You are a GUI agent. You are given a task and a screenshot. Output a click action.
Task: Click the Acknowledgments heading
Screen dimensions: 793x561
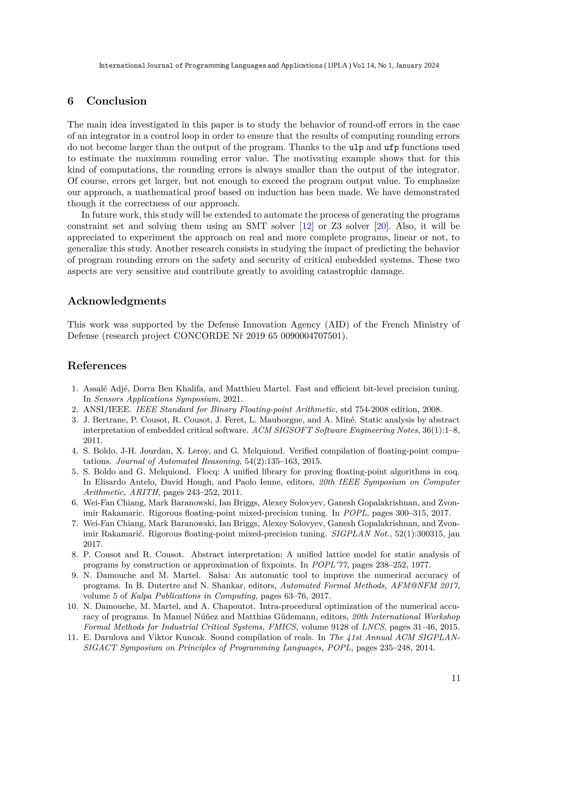click(x=117, y=301)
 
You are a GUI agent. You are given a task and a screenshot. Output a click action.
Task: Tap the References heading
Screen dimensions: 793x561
click(x=97, y=365)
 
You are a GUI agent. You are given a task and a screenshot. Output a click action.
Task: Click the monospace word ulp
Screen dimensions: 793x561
click(x=356, y=148)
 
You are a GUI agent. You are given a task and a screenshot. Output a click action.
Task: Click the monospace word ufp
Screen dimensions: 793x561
click(x=391, y=148)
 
